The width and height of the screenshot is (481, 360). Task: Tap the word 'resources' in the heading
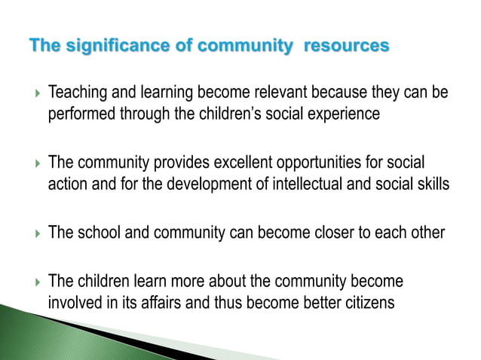coord(346,47)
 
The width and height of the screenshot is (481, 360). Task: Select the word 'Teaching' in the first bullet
coord(76,93)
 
